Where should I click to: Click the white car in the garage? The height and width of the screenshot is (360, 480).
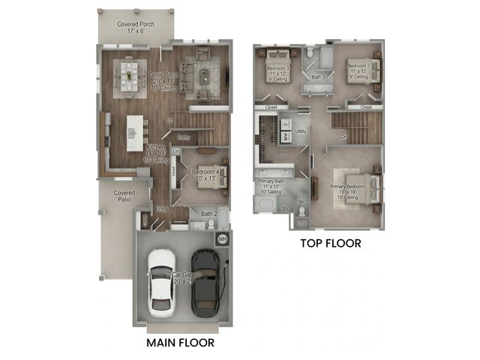click(160, 281)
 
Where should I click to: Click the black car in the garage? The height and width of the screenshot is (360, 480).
click(204, 280)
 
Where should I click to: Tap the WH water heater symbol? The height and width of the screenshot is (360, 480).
click(222, 239)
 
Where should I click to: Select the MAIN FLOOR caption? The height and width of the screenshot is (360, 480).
click(179, 343)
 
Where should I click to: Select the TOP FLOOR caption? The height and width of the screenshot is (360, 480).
click(331, 243)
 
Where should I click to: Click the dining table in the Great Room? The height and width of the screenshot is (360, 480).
click(130, 73)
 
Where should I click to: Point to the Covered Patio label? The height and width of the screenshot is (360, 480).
click(124, 196)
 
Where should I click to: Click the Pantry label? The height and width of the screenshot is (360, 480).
click(183, 137)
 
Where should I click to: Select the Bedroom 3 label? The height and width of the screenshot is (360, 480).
click(277, 73)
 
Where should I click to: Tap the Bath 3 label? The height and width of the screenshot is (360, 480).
click(317, 76)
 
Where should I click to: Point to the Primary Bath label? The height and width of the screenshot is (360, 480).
click(271, 184)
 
